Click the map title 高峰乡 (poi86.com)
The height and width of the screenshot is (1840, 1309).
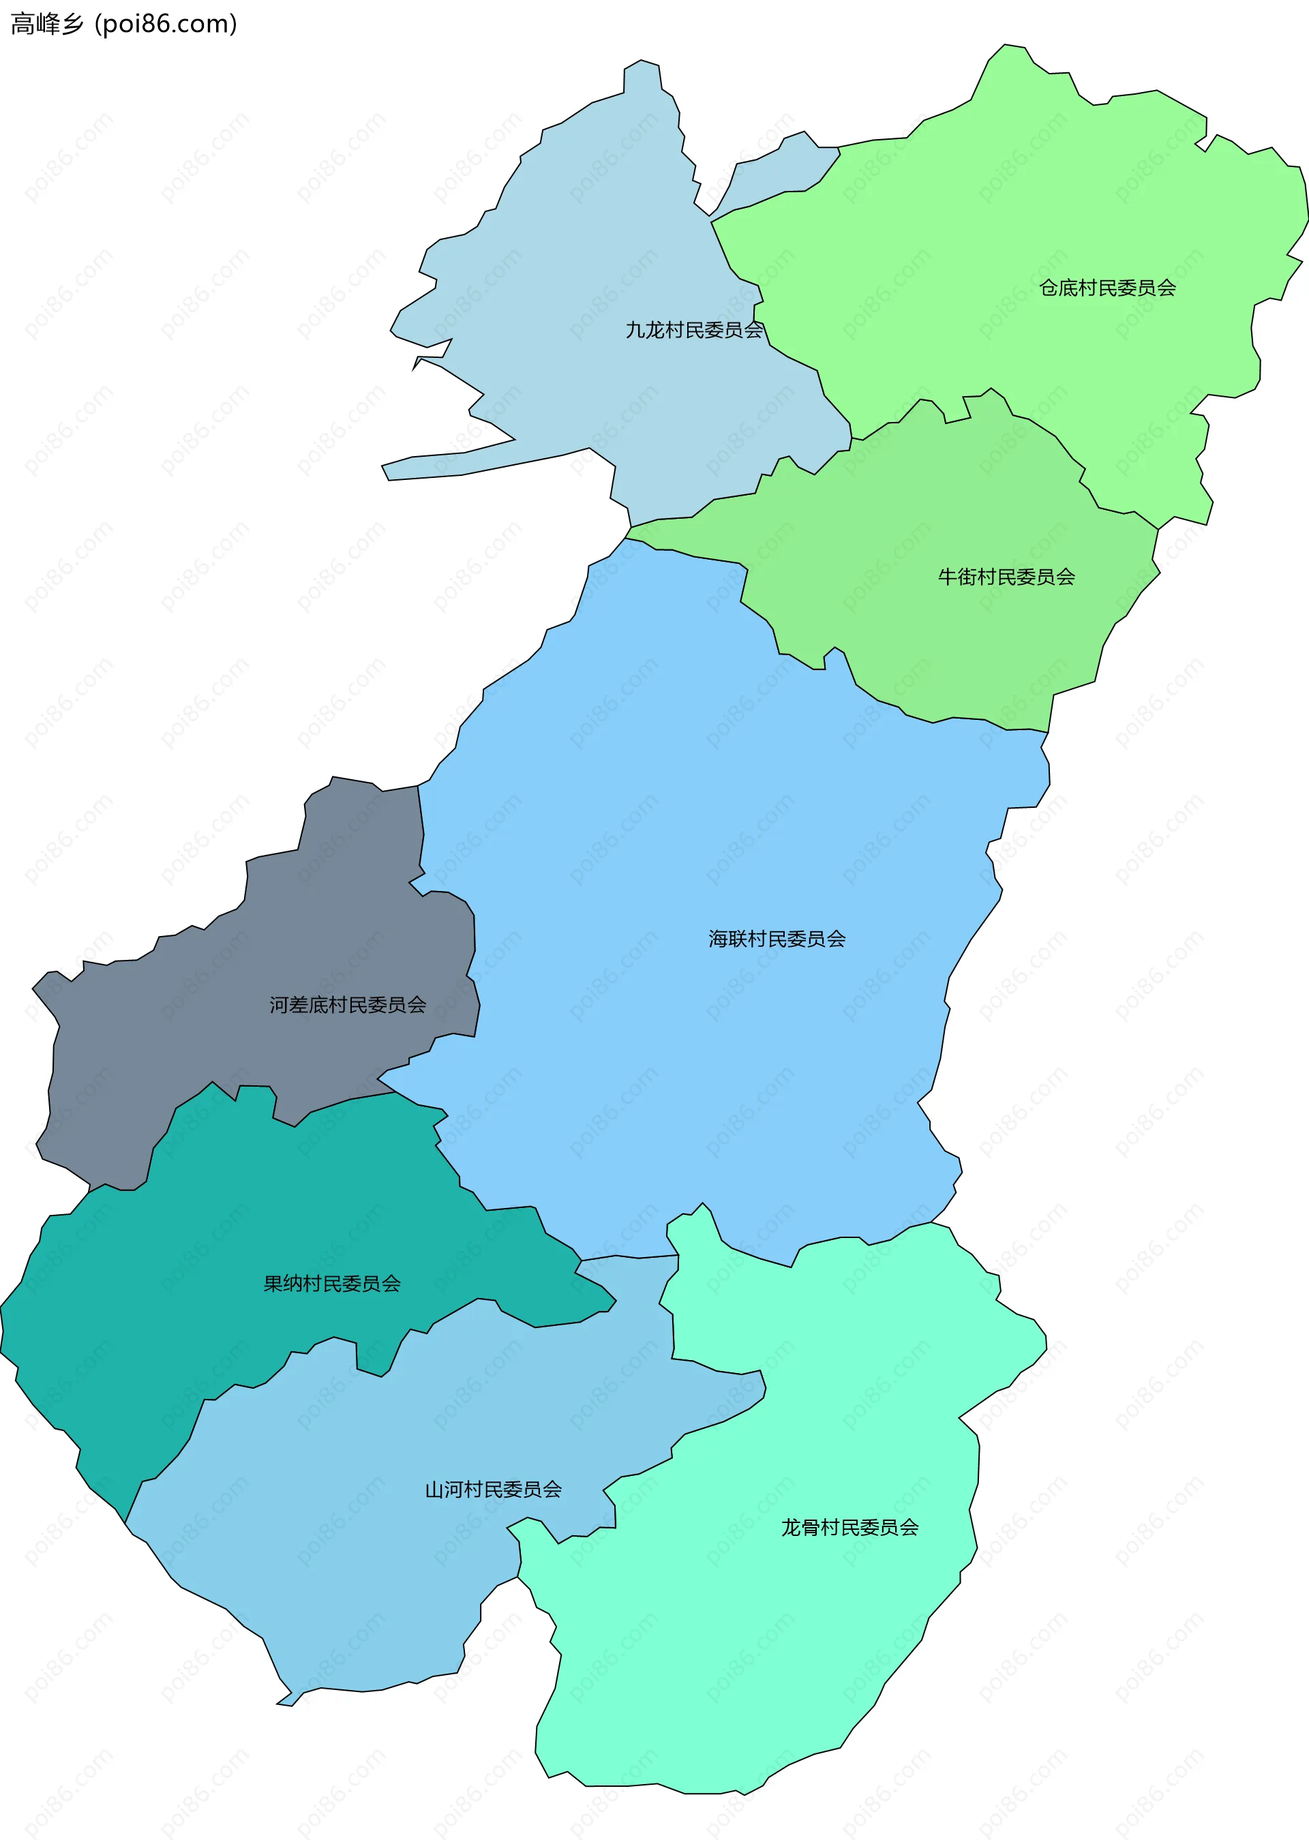pos(123,24)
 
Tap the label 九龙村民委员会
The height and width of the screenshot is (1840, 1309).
pos(694,331)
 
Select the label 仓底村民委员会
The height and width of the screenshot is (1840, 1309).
pos(1107,288)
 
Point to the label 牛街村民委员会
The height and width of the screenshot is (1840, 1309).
pos(1006,577)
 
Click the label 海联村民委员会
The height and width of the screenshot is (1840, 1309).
pos(777,939)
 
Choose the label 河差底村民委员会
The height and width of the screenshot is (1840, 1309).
pos(348,1005)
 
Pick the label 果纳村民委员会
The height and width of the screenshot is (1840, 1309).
pos(332,1284)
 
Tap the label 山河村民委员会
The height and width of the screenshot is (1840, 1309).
pos(494,1490)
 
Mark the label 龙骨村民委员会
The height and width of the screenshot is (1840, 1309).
pos(849,1527)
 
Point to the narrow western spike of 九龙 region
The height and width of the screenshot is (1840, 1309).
pos(451,464)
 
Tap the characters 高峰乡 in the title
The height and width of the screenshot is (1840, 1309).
pos(47,24)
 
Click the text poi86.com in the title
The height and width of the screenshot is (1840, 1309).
pos(165,24)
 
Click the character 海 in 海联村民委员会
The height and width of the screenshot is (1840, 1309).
pos(718,939)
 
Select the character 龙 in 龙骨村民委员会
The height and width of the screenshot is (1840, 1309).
pos(791,1527)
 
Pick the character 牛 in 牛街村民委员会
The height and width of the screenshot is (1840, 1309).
pos(947,577)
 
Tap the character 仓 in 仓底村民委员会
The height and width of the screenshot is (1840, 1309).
pos(1049,288)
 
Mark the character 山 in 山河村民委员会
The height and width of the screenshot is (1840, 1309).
pos(434,1490)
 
